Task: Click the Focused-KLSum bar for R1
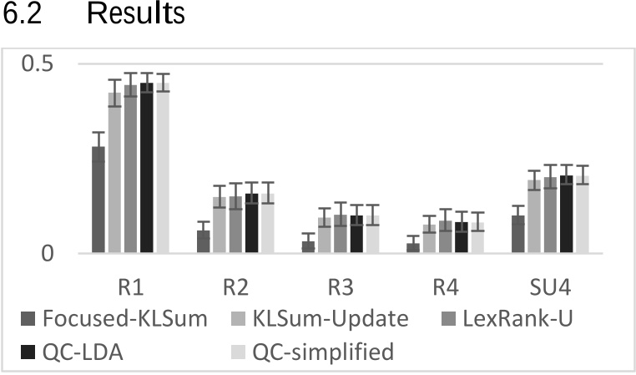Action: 98,200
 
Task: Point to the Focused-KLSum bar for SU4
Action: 517,235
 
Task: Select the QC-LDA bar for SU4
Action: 565,215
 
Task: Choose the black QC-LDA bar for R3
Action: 356,235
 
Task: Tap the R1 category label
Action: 130,287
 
